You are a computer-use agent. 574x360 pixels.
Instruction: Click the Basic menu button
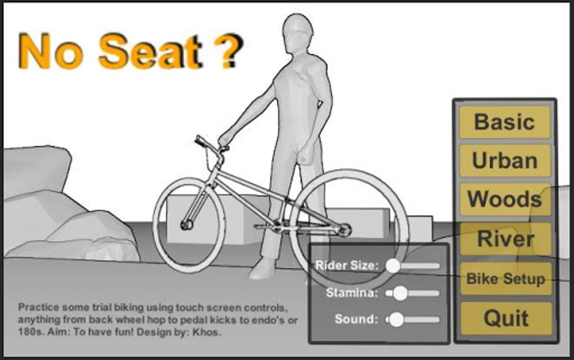(x=504, y=122)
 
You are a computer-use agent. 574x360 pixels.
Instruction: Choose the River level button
(x=505, y=239)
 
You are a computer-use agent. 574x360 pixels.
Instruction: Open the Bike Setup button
(x=506, y=279)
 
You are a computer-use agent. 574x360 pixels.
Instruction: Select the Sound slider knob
(x=397, y=320)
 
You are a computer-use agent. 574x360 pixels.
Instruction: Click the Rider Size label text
(x=347, y=265)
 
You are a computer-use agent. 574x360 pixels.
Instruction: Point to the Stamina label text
(x=352, y=292)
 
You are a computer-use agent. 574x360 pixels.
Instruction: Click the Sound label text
(x=357, y=319)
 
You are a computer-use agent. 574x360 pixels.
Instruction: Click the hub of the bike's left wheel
(x=187, y=225)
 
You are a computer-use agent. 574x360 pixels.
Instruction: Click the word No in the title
(x=50, y=51)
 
